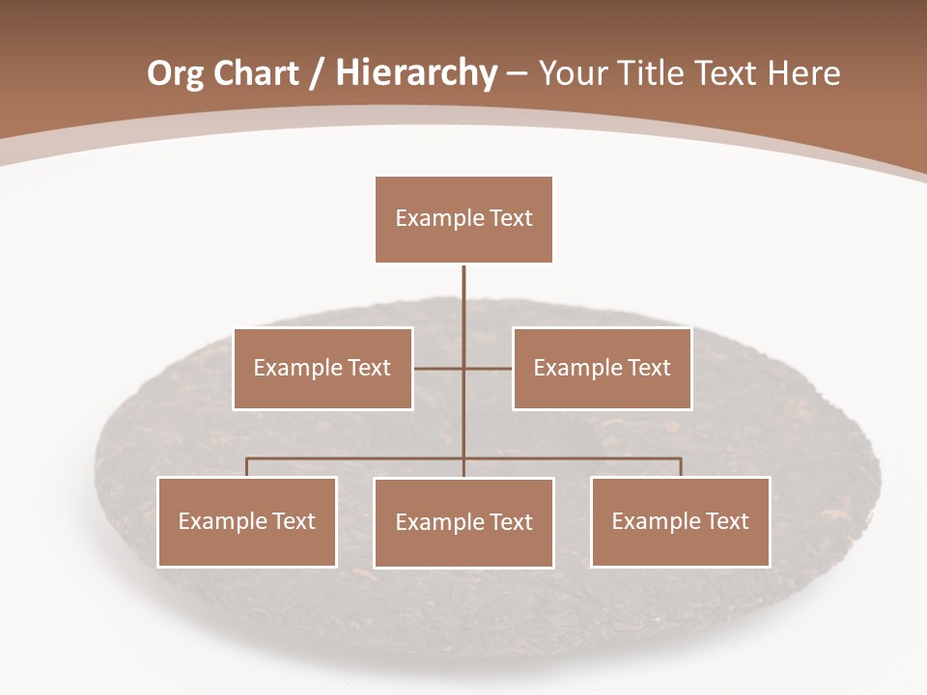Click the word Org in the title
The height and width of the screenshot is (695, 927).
point(175,74)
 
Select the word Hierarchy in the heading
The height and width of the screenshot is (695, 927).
point(416,74)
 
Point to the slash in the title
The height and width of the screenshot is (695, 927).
point(317,74)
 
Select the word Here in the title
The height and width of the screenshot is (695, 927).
point(804,74)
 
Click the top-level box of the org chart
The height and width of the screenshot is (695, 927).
point(463,219)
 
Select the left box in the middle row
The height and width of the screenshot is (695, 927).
point(323,368)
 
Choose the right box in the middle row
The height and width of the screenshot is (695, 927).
point(602,368)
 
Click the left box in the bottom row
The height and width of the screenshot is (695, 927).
point(246,521)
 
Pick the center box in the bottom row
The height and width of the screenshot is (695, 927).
point(463,522)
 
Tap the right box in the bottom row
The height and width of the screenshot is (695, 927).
point(680,521)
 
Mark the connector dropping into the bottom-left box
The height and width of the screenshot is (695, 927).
point(246,467)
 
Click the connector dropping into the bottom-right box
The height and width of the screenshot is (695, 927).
point(681,467)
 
